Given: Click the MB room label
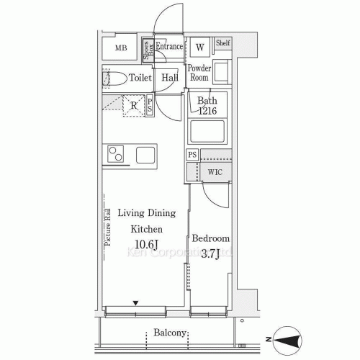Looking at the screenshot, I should (120, 49).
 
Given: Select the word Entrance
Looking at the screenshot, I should (168, 47).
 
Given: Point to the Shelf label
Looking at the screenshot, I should (222, 44).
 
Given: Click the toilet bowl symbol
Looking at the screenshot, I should (112, 78).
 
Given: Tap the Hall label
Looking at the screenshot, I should (170, 78).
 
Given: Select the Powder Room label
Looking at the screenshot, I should (199, 73).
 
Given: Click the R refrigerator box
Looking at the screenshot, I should (133, 106).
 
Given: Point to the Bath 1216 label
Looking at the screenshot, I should (207, 107).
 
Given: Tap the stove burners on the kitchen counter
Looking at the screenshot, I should (116, 154).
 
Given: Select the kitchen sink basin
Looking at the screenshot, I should (145, 154).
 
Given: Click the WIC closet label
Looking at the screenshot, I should (215, 173).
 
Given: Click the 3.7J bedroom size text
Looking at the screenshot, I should (210, 253).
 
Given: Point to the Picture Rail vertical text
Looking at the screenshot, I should (107, 228).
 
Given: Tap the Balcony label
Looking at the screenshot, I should (171, 333).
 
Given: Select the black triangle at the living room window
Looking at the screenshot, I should (135, 303).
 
